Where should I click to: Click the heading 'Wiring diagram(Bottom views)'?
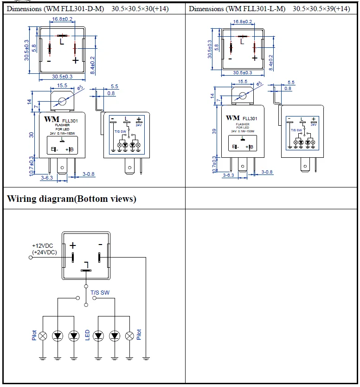pyautogui.click(x=71, y=199)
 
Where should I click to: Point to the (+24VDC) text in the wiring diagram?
pyautogui.click(x=45, y=252)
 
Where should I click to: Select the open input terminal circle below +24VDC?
pyautogui.click(x=31, y=257)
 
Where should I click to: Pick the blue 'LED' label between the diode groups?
pyautogui.click(x=87, y=335)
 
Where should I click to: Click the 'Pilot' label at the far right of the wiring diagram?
pyautogui.click(x=139, y=335)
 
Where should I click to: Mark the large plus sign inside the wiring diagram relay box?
pyautogui.click(x=72, y=245)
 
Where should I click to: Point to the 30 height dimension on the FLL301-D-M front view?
pyautogui.click(x=32, y=135)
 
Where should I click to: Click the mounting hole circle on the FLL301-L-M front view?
pyautogui.click(x=242, y=97)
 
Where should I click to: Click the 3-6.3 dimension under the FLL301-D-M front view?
pyautogui.click(x=46, y=177)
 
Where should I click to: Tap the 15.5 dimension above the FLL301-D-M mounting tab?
pyautogui.click(x=62, y=86)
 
